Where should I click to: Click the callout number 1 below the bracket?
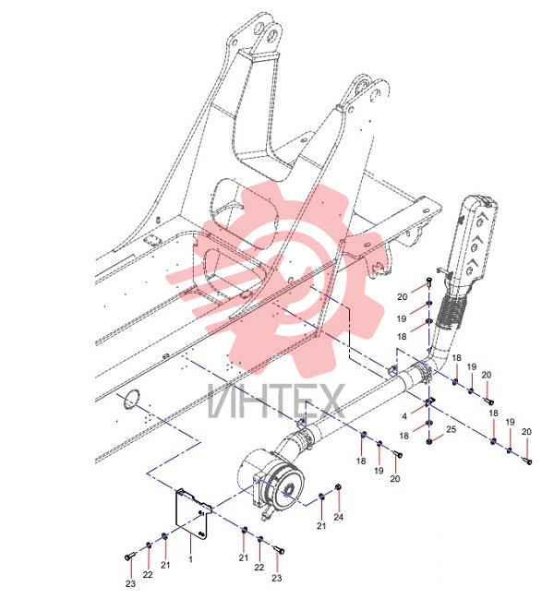tap(190, 559)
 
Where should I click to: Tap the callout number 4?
tap(404, 416)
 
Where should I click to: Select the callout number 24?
tap(339, 517)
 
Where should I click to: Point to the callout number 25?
tap(452, 429)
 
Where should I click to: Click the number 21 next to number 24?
tap(321, 526)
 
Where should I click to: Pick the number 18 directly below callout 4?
tap(403, 436)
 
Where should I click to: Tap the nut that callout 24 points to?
tap(338, 487)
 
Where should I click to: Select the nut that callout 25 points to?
tap(429, 441)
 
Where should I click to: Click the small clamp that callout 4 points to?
tap(430, 401)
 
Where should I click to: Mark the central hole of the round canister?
tap(287, 490)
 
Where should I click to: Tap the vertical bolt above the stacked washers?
tap(428, 283)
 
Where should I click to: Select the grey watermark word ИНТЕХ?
tap(276, 401)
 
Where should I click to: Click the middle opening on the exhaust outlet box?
tap(476, 246)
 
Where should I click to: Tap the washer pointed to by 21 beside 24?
tap(321, 497)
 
